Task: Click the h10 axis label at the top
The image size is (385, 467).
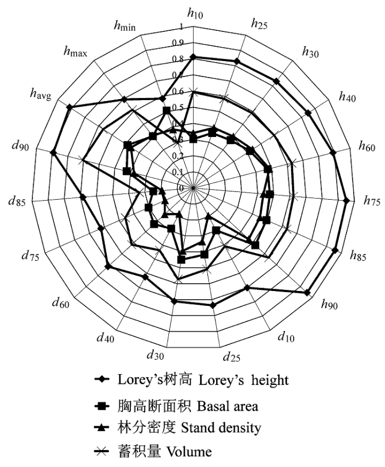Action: [x=195, y=13]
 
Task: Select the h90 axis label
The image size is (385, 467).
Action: [x=329, y=304]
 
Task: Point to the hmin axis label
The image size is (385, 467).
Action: [x=125, y=26]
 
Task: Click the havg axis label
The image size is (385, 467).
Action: [x=41, y=94]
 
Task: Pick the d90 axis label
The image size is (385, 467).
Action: [x=20, y=146]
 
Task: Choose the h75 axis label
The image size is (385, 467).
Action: [x=372, y=201]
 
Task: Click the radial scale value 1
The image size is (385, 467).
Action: [x=182, y=27]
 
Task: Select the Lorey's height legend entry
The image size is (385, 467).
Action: [x=191, y=380]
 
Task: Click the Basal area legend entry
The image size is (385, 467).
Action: [x=176, y=406]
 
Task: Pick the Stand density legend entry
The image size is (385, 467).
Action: [x=178, y=428]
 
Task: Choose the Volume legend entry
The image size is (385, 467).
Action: [x=153, y=452]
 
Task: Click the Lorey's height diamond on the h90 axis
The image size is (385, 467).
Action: [x=307, y=293]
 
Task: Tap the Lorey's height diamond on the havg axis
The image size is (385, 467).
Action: [x=69, y=107]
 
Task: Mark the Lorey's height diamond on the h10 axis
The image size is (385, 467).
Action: [x=193, y=57]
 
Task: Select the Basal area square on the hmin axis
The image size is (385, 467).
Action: [x=167, y=111]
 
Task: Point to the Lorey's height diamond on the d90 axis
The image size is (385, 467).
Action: [x=53, y=153]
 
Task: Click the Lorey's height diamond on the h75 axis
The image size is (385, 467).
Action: [x=346, y=201]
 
